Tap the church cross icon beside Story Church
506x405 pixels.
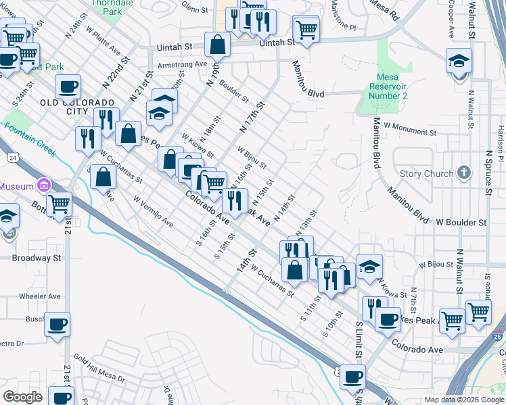[463, 173]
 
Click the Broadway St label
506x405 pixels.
[37, 258]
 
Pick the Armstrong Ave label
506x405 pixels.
[182, 65]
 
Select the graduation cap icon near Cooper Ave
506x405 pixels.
[459, 61]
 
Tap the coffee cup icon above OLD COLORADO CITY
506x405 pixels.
[68, 87]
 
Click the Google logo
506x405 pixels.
[23, 397]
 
